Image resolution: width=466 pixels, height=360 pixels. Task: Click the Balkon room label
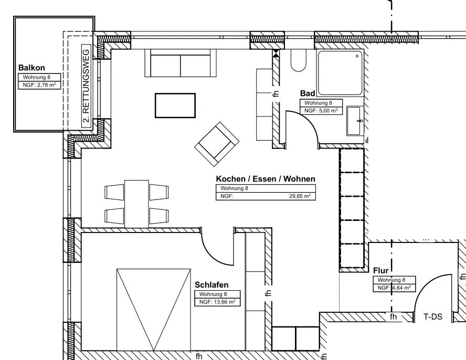(31, 68)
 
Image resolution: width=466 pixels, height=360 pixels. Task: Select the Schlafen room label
(211, 285)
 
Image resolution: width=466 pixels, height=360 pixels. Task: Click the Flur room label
(381, 271)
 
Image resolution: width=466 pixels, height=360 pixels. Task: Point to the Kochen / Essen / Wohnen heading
(266, 179)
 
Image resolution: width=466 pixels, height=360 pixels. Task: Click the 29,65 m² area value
(300, 196)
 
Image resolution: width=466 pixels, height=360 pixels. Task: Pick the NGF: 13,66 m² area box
(217, 302)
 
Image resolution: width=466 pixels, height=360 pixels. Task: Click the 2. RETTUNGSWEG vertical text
(86, 86)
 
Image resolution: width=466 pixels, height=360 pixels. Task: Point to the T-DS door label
(433, 317)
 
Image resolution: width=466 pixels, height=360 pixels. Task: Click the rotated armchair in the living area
(217, 143)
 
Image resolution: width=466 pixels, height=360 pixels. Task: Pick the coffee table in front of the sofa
(175, 105)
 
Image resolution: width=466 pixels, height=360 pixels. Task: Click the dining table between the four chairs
(136, 204)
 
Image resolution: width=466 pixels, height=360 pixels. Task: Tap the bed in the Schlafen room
(154, 310)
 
